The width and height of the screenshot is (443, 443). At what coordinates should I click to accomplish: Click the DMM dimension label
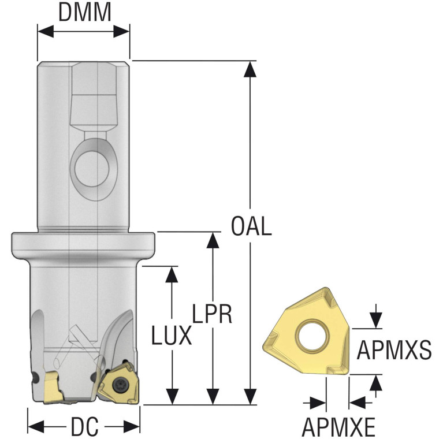[x=84, y=12]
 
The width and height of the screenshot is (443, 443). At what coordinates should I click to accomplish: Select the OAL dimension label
[x=251, y=226]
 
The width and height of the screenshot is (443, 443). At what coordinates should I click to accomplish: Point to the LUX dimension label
[x=172, y=336]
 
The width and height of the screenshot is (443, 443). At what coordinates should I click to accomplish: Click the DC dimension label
[x=84, y=426]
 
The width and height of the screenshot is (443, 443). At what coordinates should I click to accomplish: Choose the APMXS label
[x=394, y=349]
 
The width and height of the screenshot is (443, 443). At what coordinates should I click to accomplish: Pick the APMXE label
[x=338, y=427]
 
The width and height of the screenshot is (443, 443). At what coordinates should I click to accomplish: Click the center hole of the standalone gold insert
[x=312, y=336]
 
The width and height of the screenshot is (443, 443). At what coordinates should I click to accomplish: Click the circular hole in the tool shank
[x=92, y=169]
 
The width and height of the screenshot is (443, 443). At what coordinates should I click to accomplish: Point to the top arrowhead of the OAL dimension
[x=250, y=69]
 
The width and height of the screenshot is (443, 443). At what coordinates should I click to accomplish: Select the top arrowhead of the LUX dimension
[x=172, y=274]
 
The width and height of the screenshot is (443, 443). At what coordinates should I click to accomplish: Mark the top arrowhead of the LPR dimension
[x=213, y=240]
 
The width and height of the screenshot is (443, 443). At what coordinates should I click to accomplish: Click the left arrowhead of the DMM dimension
[x=46, y=31]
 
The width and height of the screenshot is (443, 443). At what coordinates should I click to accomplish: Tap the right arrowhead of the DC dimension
[x=132, y=426]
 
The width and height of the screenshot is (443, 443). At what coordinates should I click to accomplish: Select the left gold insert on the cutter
[x=53, y=387]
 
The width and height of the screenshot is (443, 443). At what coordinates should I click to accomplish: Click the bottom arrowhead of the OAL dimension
[x=250, y=396]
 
